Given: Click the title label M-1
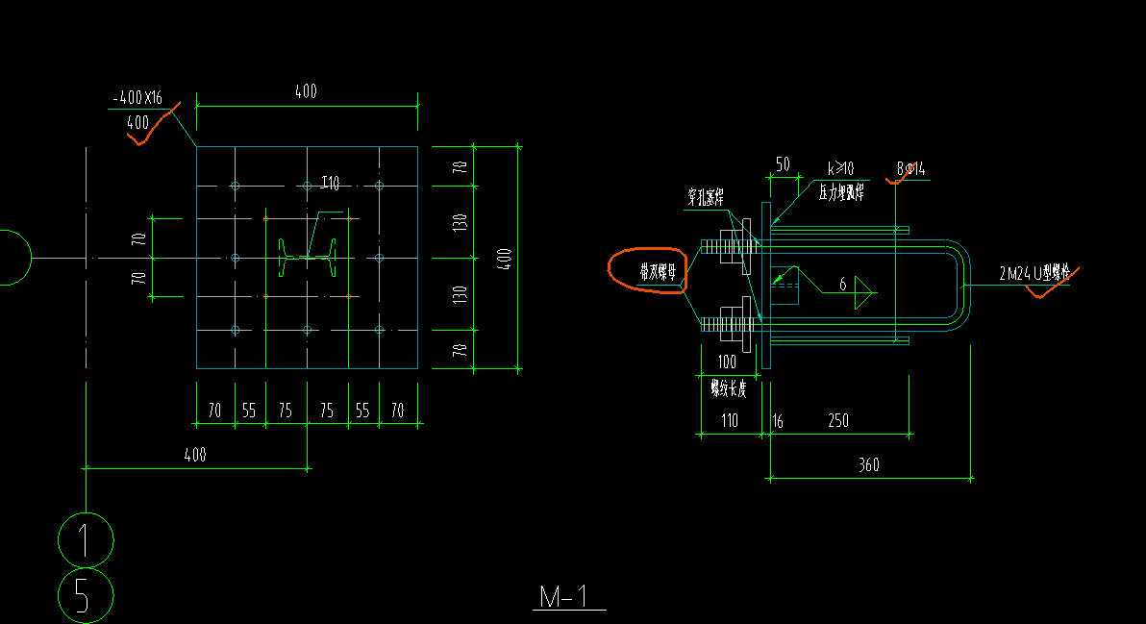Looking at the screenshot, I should click(x=569, y=597).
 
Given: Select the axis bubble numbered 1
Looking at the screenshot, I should click(x=86, y=539).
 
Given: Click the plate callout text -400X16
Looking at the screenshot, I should click(x=137, y=98).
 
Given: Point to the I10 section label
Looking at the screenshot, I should click(x=330, y=184).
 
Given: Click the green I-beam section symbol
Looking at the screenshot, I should click(x=308, y=257).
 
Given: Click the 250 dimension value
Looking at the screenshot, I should click(x=837, y=421).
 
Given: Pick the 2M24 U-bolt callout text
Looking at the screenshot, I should click(x=1034, y=274).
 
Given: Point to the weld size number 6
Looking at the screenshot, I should click(x=842, y=285).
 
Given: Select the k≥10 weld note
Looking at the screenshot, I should click(x=840, y=169).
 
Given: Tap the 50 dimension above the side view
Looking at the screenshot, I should click(x=782, y=164).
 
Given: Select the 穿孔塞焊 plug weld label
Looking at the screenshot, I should click(x=705, y=198).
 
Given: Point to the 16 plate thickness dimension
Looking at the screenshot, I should click(x=777, y=421).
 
